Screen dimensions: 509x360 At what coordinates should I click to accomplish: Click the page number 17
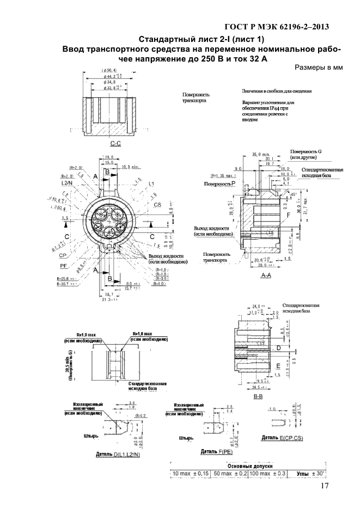tap(325, 487)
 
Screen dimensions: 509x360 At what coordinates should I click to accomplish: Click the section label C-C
tap(115, 143)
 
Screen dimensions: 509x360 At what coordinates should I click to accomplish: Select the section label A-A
tap(267, 277)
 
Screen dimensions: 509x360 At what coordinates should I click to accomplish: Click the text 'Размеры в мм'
tap(318, 68)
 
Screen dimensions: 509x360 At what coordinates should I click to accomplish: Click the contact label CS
tap(157, 205)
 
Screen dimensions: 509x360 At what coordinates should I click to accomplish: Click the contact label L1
tap(151, 183)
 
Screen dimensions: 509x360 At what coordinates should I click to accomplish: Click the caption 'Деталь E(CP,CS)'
tap(282, 438)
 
